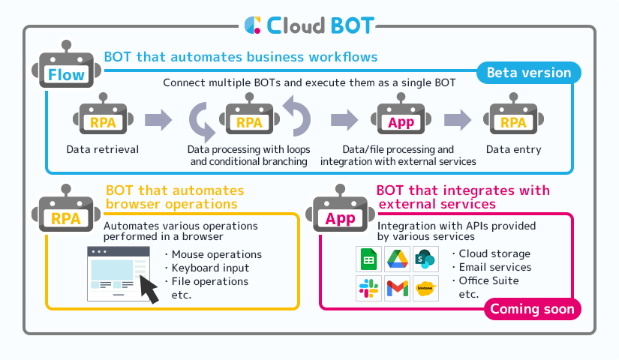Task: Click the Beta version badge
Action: pyautogui.click(x=529, y=73)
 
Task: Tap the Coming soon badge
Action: pyautogui.click(x=533, y=309)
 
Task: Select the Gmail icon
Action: pyautogui.click(x=397, y=289)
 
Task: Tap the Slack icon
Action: pyautogui.click(x=368, y=289)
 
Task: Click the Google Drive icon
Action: pyautogui.click(x=397, y=259)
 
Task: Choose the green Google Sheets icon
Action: pyautogui.click(x=368, y=259)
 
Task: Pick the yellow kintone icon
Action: pyautogui.click(x=425, y=289)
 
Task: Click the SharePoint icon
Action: pyautogui.click(x=425, y=259)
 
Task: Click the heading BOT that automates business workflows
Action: pyautogui.click(x=240, y=56)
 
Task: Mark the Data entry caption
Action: pyautogui.click(x=513, y=149)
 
